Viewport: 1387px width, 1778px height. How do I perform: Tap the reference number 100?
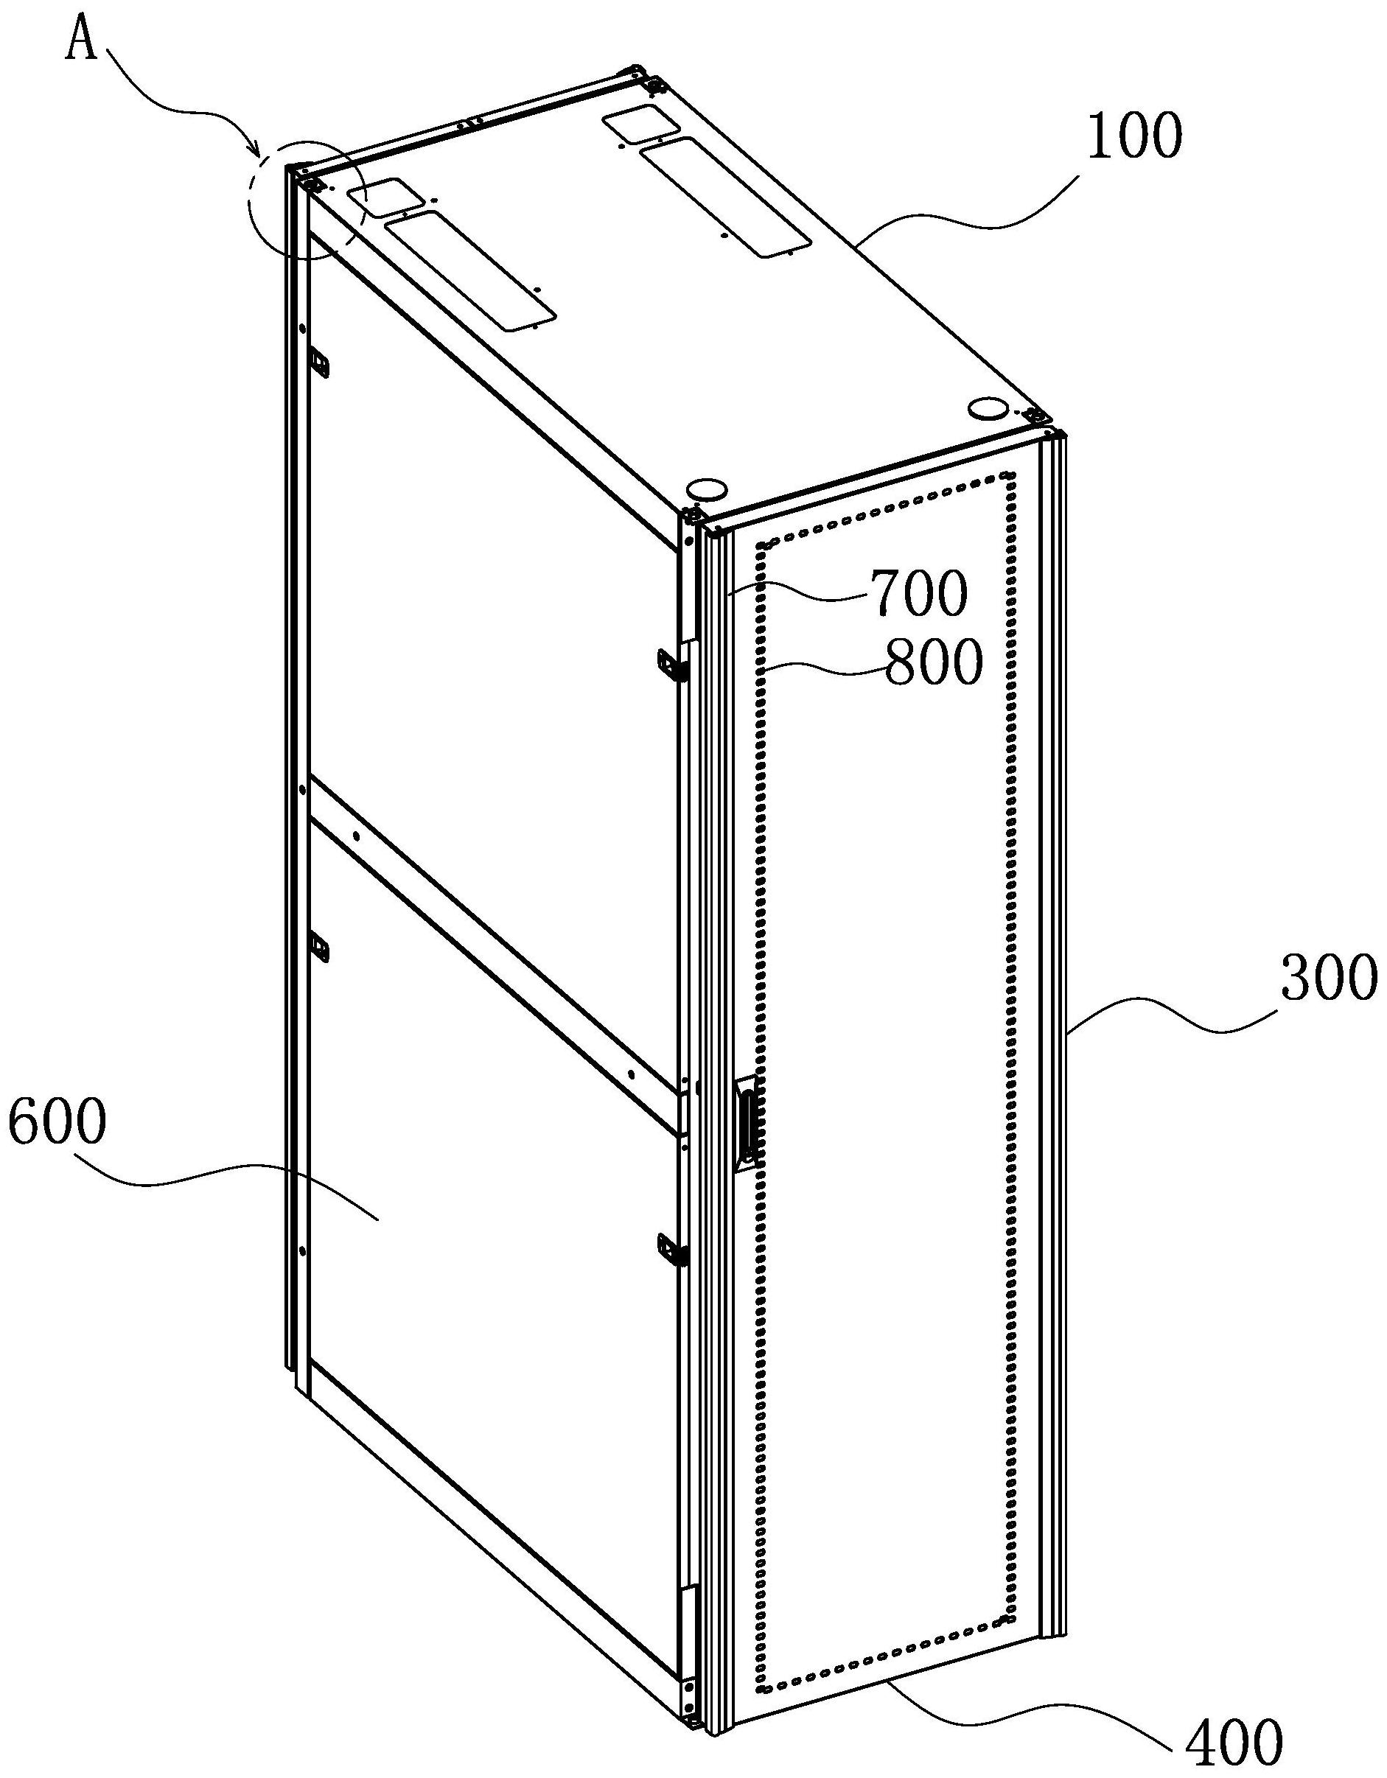[x=1133, y=136]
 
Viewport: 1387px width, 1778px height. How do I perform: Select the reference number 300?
[x=1328, y=981]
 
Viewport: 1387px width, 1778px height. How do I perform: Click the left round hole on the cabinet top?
[x=706, y=489]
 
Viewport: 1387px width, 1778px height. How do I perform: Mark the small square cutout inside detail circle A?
[x=386, y=197]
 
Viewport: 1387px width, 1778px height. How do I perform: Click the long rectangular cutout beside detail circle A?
[x=472, y=270]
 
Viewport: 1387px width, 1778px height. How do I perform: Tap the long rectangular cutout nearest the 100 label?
[x=726, y=197]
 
